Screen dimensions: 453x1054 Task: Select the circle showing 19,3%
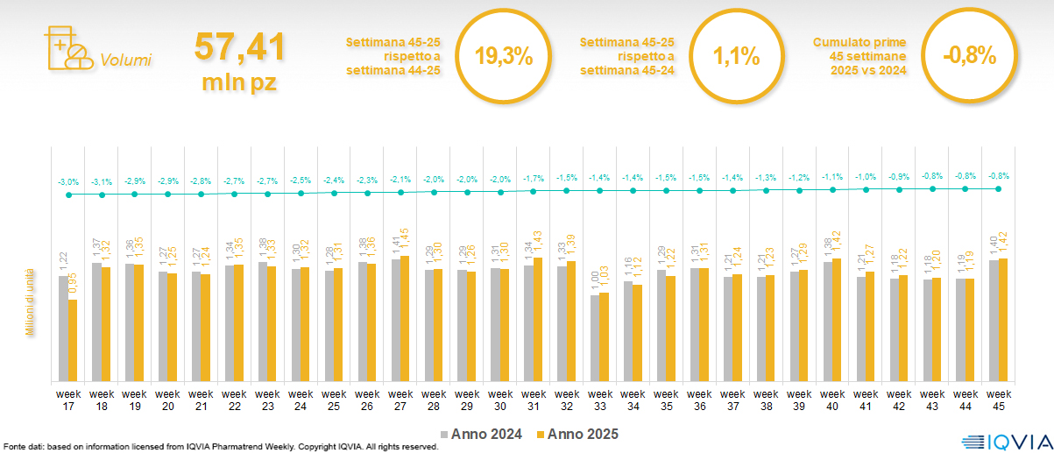click(x=504, y=56)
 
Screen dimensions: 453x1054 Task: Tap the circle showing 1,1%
click(x=736, y=56)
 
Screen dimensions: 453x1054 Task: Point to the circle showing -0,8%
click(x=970, y=56)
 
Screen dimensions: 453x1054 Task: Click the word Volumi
click(x=126, y=60)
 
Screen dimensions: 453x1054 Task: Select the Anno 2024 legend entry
click(x=485, y=434)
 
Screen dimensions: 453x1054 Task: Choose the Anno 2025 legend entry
click(x=577, y=434)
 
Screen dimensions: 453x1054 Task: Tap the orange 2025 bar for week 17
click(x=73, y=340)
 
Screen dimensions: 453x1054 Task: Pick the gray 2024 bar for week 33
click(x=594, y=337)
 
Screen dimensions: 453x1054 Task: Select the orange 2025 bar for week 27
click(x=404, y=318)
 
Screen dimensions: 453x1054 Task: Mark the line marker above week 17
click(x=68, y=195)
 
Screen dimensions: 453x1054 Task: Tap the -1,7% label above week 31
click(x=533, y=179)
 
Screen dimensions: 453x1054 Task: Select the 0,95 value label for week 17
click(x=74, y=282)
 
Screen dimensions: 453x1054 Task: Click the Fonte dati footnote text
click(x=219, y=447)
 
